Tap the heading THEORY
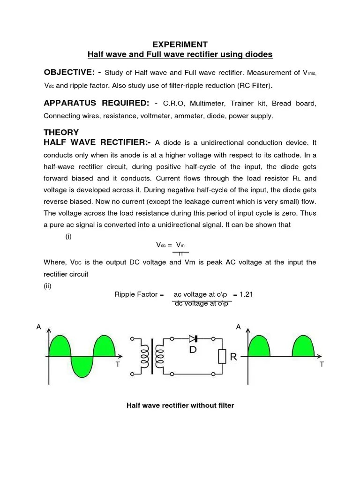click(61, 132)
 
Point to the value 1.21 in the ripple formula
click(246, 294)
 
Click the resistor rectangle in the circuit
click(222, 357)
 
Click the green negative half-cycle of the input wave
click(82, 366)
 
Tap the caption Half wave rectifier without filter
click(180, 405)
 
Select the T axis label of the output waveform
click(322, 364)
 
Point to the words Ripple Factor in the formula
click(139, 294)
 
